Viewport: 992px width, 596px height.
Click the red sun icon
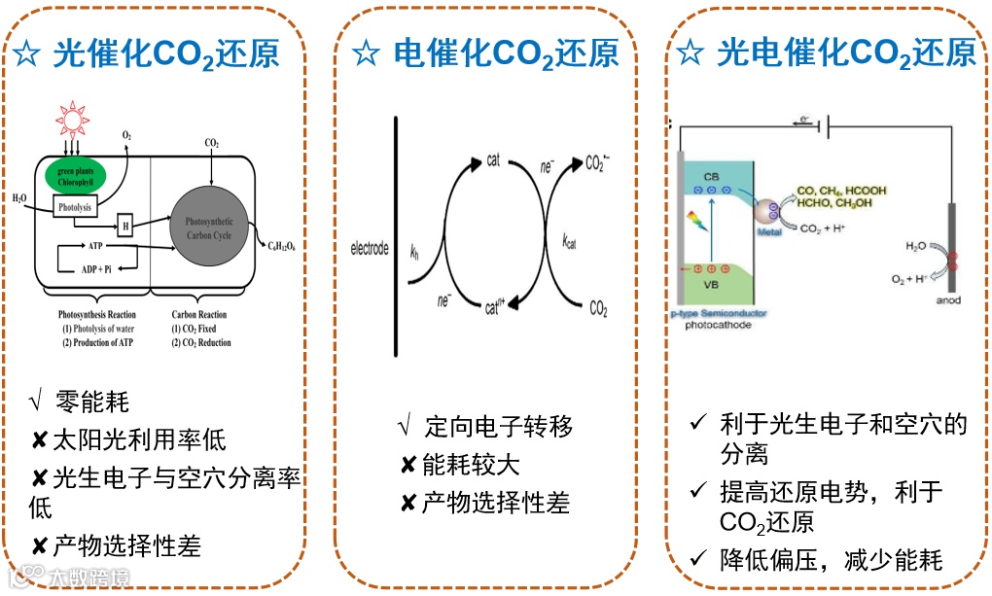point(70,120)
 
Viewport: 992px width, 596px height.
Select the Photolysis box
point(75,206)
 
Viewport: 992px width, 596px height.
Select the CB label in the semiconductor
point(712,176)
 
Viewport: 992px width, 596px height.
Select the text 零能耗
point(91,401)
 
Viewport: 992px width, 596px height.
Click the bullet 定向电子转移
point(499,426)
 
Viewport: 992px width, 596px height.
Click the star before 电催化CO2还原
point(366,53)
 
